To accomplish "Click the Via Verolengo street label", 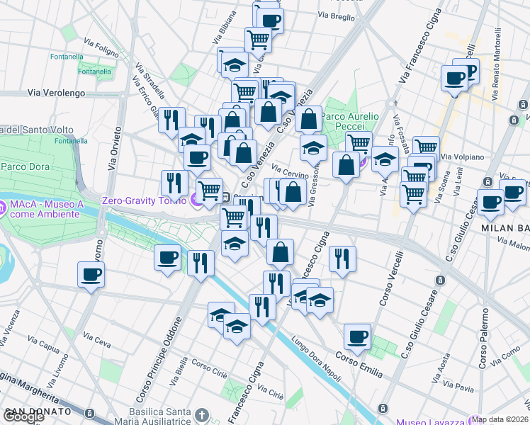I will [57, 93].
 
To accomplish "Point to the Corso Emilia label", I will [359, 359].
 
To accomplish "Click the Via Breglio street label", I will [336, 16].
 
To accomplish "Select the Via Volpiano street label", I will [461, 157].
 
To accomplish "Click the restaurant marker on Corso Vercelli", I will [343, 259].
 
